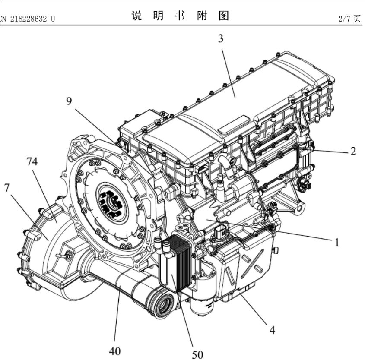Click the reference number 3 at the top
[x=221, y=39]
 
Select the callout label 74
[x=32, y=161]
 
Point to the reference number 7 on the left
[x=7, y=188]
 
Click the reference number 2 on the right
[x=353, y=151]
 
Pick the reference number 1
[x=336, y=242]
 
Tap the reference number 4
[x=272, y=330]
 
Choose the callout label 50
[x=197, y=354]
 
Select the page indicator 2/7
[x=345, y=19]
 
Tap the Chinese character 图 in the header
[x=223, y=16]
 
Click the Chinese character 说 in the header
[x=136, y=16]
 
